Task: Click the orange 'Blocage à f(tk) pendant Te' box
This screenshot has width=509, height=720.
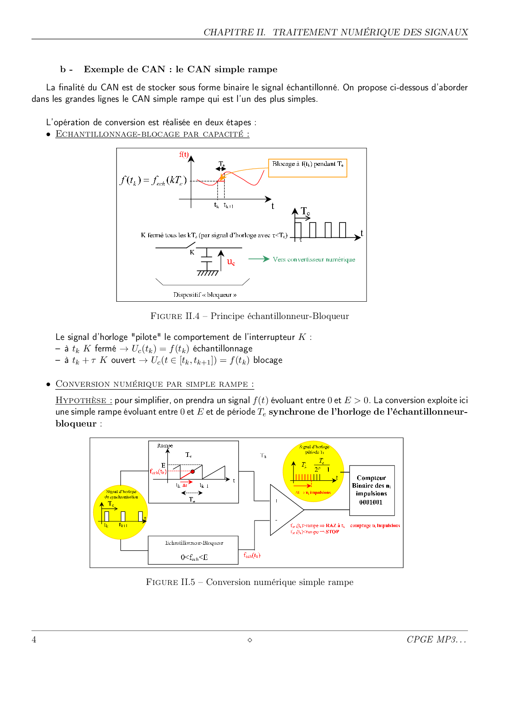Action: (307, 168)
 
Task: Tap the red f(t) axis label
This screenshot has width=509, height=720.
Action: (183, 154)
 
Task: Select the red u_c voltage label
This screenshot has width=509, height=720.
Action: (231, 261)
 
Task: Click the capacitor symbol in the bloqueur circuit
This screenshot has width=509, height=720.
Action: (206, 259)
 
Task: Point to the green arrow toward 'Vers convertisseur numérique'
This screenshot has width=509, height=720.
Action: (259, 259)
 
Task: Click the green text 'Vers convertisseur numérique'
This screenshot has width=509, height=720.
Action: (314, 259)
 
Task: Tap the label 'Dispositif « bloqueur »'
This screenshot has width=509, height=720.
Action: (205, 295)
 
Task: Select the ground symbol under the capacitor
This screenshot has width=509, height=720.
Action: (207, 273)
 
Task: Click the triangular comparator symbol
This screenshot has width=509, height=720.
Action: (285, 509)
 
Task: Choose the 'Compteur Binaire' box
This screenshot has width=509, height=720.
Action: (372, 490)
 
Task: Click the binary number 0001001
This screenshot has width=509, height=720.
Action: (371, 502)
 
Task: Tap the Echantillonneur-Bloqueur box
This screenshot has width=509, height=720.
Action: (193, 550)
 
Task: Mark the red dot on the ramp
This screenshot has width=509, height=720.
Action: (193, 472)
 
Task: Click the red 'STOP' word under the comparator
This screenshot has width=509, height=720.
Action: (332, 532)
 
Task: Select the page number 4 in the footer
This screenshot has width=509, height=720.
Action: (34, 640)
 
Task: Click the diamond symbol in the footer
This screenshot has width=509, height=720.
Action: (250, 640)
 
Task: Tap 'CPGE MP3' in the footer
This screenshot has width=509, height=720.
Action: (431, 640)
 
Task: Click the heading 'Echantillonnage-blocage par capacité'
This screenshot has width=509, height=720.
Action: (152, 134)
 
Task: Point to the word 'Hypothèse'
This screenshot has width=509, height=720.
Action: (81, 400)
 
